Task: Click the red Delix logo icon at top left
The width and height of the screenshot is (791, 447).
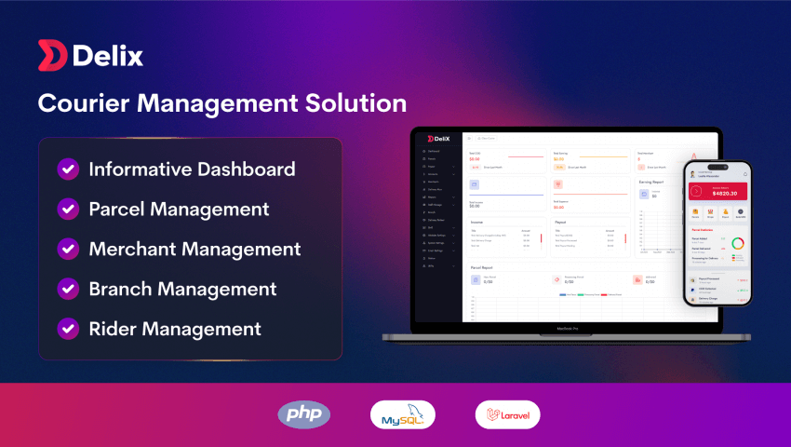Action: coord(51,55)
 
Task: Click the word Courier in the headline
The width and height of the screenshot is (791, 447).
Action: coord(86,102)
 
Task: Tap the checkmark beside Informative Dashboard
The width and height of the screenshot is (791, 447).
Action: coord(68,169)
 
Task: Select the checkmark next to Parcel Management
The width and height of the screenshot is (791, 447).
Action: coord(68,209)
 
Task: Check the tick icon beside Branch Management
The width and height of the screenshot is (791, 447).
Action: coord(68,289)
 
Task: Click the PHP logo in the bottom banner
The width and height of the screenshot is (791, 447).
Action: coord(303,414)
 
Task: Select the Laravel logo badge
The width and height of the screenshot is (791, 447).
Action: coord(507,414)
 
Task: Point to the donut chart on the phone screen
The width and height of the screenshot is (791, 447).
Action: coord(737,246)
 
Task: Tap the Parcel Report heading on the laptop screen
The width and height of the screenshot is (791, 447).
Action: coord(482,266)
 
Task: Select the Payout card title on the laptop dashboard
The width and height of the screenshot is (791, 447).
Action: coord(559,223)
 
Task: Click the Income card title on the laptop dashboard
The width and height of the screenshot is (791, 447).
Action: coord(476,223)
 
